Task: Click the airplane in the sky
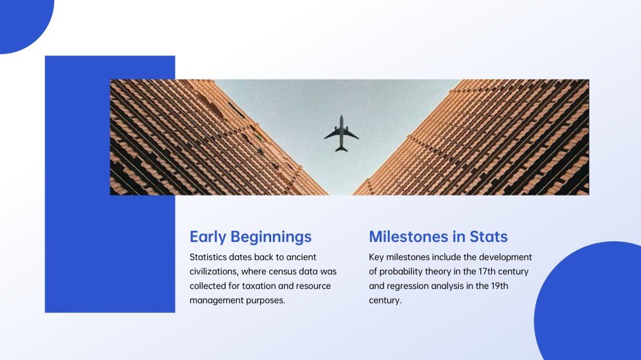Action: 341,134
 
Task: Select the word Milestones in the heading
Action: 409,237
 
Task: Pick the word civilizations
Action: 216,272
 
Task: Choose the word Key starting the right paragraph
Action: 376,257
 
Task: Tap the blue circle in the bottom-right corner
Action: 594,303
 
